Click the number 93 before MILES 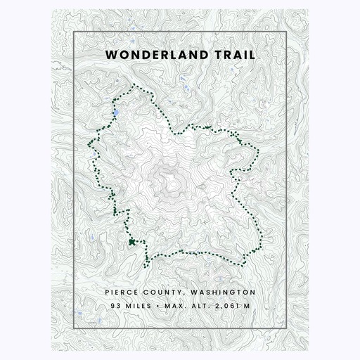[x=115, y=306]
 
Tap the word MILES [x=141, y=306]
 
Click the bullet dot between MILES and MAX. [x=161, y=306]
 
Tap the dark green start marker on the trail [x=131, y=242]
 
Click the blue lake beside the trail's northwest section [x=115, y=112]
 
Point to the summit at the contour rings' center [x=171, y=182]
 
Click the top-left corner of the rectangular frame [x=74, y=32]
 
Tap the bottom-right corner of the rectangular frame [x=285, y=328]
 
